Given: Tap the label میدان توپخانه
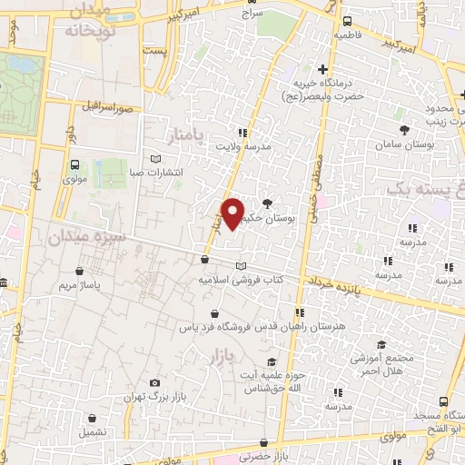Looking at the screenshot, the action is pos(89,20).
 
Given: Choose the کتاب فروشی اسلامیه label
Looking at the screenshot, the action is pos(240,281).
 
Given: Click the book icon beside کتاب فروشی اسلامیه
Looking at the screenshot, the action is pos(240,265).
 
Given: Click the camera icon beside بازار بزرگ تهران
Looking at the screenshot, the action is pos(155,383).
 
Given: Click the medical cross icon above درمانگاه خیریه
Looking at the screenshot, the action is pos(322,69).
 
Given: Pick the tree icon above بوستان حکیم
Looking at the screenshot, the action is pos(266,203).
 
